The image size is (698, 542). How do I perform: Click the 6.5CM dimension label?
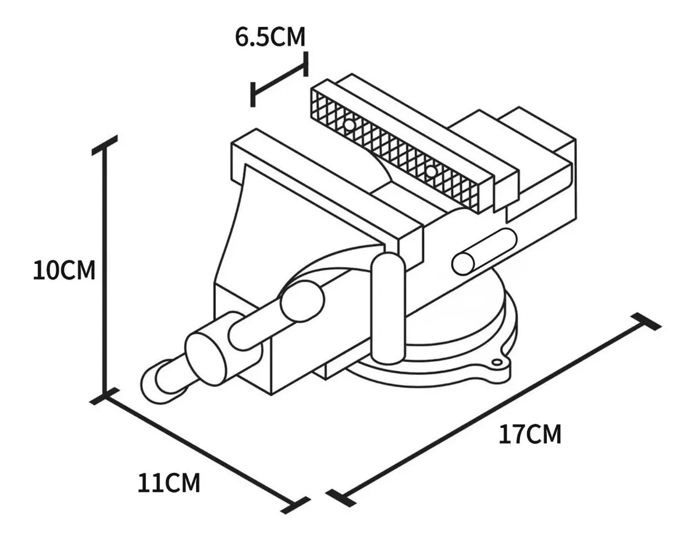point(270,37)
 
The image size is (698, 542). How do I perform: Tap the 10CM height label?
point(64,271)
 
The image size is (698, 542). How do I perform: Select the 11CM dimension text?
point(169,483)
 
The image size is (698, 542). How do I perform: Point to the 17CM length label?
point(530,435)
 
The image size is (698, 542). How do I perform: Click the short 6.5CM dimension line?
point(279,79)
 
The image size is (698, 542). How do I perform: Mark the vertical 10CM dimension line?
point(105,271)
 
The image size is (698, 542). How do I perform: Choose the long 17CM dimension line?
point(494,408)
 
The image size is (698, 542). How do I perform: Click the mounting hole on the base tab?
point(497,363)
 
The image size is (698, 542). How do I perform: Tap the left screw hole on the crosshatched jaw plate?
point(348,125)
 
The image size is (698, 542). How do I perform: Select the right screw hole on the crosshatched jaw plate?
point(430,171)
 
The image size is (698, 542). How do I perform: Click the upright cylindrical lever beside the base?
point(388,309)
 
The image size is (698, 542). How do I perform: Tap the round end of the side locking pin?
point(464,264)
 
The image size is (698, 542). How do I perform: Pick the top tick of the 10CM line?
point(105,145)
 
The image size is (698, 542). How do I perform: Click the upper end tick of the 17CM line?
point(646,321)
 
